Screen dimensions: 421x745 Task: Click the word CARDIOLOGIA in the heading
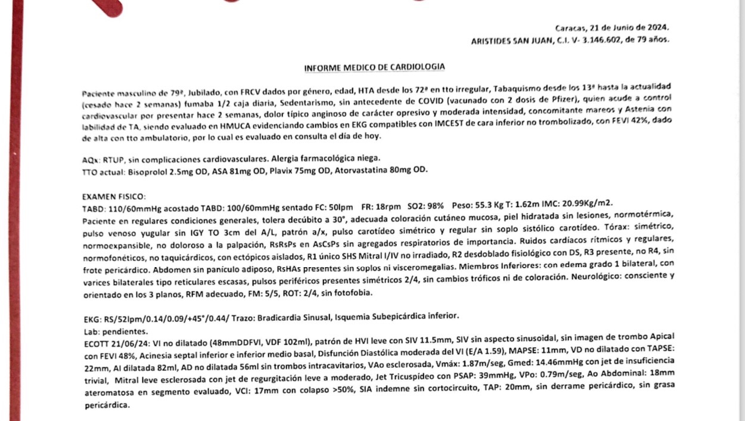(418, 67)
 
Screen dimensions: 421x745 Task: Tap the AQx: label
(91, 159)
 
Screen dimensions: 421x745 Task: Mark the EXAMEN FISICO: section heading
(114, 197)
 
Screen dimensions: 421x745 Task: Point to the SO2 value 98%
(435, 206)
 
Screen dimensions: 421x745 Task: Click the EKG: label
(92, 320)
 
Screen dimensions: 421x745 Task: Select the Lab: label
(92, 332)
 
